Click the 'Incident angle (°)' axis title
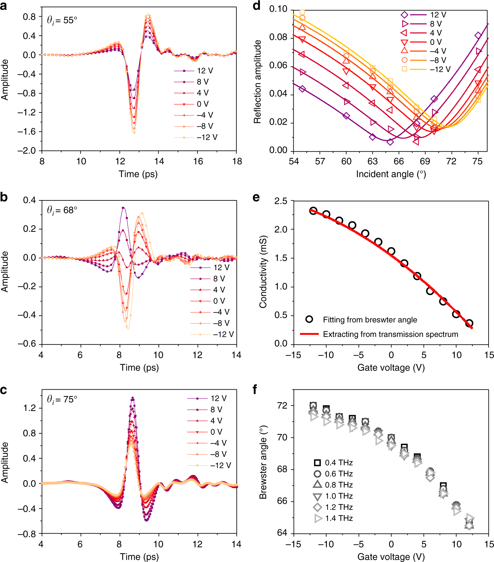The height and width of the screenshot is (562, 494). pyautogui.click(x=391, y=174)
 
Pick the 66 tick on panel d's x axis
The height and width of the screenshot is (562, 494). pyautogui.click(x=398, y=161)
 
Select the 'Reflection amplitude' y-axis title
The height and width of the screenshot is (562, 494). pyautogui.click(x=257, y=82)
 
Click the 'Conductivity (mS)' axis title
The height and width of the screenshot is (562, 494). pyautogui.click(x=263, y=272)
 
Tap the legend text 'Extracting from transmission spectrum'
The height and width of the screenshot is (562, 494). pyautogui.click(x=390, y=334)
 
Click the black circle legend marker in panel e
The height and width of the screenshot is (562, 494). pyautogui.click(x=309, y=319)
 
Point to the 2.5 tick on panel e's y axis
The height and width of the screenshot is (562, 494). pyautogui.click(x=281, y=201)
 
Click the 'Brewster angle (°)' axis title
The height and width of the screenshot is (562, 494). pyautogui.click(x=263, y=462)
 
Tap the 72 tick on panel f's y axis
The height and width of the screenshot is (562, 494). pyautogui.click(x=282, y=406)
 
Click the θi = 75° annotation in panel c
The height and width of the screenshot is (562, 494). pyautogui.click(x=62, y=400)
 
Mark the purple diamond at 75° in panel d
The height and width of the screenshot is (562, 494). pyautogui.click(x=478, y=35)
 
